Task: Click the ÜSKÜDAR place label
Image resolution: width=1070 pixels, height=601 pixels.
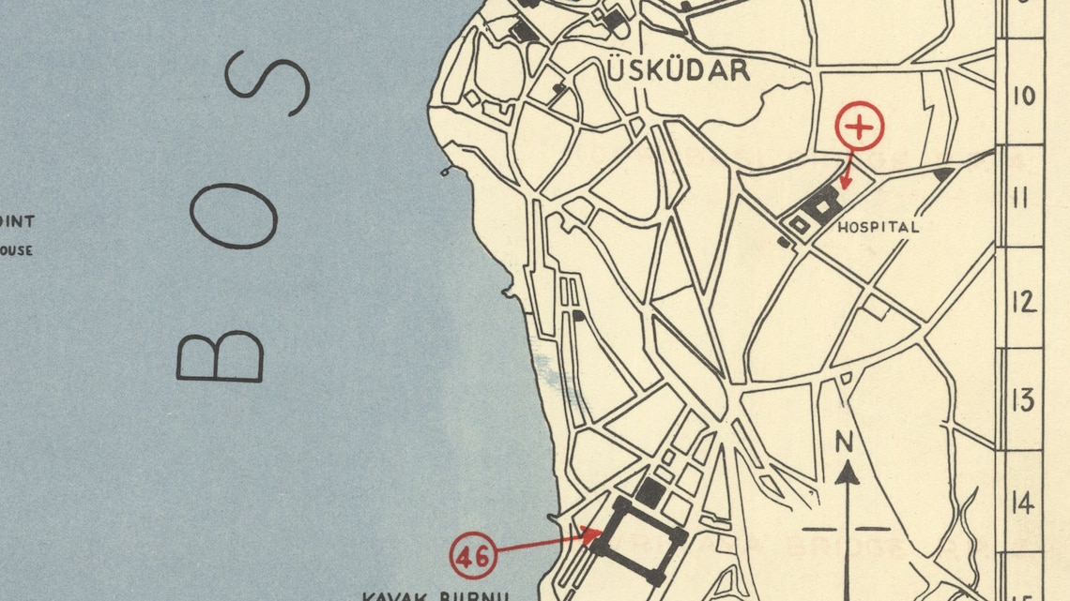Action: [x=679, y=70]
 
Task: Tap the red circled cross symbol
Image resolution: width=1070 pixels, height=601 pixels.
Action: [x=860, y=127]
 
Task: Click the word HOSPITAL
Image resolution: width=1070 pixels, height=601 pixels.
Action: [x=878, y=227]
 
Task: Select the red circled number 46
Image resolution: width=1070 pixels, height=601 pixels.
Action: [x=473, y=556]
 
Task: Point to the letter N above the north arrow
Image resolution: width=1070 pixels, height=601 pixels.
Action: [x=847, y=441]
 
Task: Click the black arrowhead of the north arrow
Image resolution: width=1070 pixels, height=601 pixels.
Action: [x=848, y=472]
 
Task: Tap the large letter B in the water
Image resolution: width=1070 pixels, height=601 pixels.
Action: [x=221, y=356]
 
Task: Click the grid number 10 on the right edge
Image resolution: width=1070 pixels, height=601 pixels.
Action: [x=1024, y=95]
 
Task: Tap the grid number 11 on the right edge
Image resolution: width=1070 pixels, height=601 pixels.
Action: [x=1023, y=198]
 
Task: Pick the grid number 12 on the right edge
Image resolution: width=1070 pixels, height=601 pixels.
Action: [x=1023, y=301]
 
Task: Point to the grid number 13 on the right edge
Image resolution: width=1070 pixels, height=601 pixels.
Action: [x=1023, y=400]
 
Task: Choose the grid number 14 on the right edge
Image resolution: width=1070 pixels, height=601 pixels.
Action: [x=1023, y=503]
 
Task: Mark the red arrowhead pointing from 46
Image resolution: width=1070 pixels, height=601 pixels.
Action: [x=593, y=534]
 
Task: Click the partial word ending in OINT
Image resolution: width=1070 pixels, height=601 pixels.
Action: [x=18, y=222]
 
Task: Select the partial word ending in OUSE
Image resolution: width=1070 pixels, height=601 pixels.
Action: [x=16, y=250]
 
